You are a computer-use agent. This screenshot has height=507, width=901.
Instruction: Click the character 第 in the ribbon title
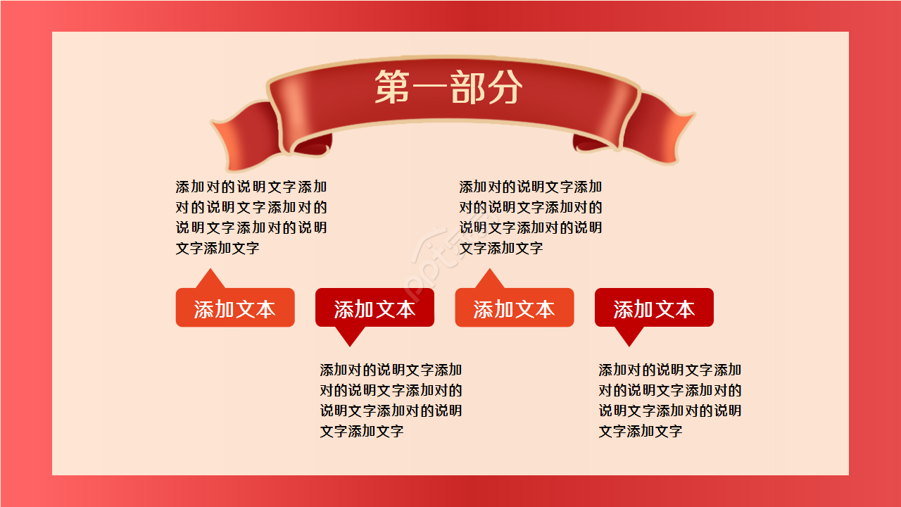392,87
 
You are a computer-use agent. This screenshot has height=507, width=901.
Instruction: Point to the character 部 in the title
468,87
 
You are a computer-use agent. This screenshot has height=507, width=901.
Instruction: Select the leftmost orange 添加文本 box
235,308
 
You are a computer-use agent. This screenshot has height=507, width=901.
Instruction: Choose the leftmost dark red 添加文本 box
374,308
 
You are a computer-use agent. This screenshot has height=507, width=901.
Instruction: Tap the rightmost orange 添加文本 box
514,308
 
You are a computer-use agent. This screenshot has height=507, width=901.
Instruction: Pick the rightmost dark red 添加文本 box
654,308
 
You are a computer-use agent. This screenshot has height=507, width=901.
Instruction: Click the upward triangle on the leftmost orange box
210,280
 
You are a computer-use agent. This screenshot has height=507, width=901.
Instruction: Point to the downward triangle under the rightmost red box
629,336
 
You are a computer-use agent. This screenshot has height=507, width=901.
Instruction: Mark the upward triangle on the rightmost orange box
489,280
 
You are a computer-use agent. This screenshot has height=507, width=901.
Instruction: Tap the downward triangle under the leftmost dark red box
350,336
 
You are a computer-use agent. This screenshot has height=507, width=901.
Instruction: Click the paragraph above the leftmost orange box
251,217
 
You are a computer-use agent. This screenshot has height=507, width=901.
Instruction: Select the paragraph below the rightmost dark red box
669,400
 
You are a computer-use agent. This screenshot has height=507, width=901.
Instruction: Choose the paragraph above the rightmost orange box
531,217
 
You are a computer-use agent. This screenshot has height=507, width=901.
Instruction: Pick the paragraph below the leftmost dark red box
391,400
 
